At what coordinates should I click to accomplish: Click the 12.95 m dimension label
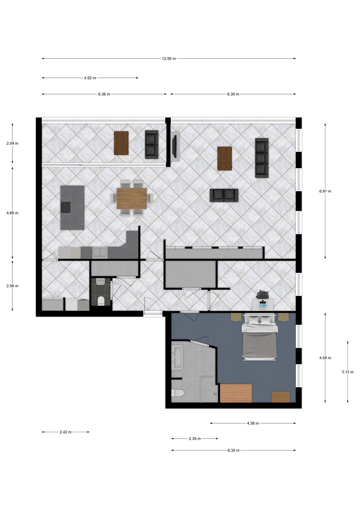pos(169,59)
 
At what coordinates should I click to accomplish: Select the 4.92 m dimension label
pos(90,78)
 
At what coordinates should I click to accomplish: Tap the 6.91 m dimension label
pos(325,191)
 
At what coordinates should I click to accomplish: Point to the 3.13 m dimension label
pos(347,372)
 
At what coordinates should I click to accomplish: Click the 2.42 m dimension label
pos(65,432)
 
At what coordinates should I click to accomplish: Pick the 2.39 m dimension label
pos(195,439)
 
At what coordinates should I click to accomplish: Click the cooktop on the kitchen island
pos(65,207)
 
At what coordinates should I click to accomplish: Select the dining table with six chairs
pos(132,198)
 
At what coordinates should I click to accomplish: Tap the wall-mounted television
pos(174,146)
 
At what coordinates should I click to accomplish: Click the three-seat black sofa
pos(262,158)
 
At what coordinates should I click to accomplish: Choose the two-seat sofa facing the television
pos(224,195)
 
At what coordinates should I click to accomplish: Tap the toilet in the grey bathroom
pos(177,393)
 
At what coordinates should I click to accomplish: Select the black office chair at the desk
pos(262,295)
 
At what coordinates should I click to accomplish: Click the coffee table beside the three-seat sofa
pos(225,158)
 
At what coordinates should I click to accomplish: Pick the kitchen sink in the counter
pos(100,253)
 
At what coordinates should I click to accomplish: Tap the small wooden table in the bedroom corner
pos(281,397)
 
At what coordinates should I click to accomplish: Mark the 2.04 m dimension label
pos(12,143)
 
